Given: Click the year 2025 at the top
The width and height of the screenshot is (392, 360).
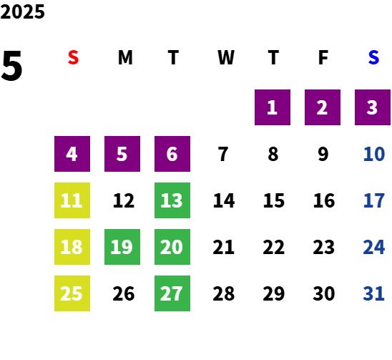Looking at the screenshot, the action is click(22, 11).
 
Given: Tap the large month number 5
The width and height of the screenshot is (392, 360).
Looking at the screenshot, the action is click(11, 66).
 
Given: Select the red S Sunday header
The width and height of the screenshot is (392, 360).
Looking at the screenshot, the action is click(73, 57).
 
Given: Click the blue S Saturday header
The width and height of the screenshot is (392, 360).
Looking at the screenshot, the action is click(373, 57).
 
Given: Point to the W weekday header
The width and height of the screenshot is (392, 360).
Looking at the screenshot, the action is click(226, 57).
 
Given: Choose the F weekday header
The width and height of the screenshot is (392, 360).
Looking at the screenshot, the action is click(323, 57).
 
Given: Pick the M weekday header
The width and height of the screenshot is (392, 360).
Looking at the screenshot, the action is click(125, 57).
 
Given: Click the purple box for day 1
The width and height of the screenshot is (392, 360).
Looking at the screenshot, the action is click(273, 107).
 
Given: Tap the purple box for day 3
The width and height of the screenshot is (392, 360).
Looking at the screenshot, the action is click(373, 107).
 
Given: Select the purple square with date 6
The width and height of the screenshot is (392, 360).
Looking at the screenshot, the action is click(172, 154).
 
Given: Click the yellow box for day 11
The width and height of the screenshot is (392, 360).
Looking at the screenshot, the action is click(72, 200).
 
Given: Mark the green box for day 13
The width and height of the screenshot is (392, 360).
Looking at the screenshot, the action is click(172, 200).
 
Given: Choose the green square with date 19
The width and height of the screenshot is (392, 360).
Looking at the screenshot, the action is click(122, 247).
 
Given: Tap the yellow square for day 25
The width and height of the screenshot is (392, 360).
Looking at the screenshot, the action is click(72, 293).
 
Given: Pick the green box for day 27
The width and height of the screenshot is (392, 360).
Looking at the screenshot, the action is click(172, 293).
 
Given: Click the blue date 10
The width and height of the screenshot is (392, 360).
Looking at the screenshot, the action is click(374, 154).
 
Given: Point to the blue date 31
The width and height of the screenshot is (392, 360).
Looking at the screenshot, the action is click(373, 293).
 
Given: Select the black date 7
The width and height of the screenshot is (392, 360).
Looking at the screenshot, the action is click(223, 154).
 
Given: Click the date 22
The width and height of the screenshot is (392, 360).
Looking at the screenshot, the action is click(273, 247).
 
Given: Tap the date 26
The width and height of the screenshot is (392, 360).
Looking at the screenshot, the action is click(124, 293).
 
